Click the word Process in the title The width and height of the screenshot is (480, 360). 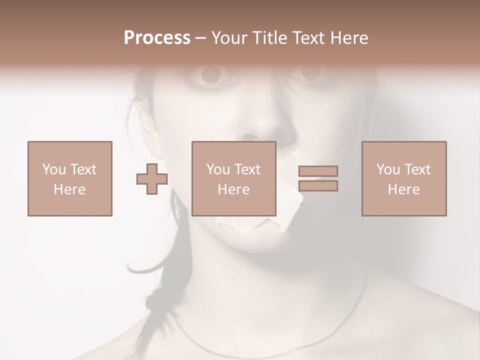pyautogui.click(x=157, y=38)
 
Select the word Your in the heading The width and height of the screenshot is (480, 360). pyautogui.click(x=228, y=38)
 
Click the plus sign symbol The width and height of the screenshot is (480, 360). pyautogui.click(x=152, y=178)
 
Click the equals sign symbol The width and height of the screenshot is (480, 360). pyautogui.click(x=318, y=178)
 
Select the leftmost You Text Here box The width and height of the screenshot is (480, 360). pyautogui.click(x=69, y=178)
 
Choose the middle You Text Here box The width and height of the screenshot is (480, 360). pyautogui.click(x=234, y=178)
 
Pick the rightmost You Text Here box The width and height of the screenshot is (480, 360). pyautogui.click(x=403, y=178)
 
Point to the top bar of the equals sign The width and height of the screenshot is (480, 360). pyautogui.click(x=318, y=171)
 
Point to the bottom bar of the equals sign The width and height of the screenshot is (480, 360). pyautogui.click(x=318, y=186)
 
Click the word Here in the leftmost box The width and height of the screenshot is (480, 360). pyautogui.click(x=69, y=189)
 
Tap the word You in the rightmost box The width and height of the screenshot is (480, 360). pyautogui.click(x=388, y=169)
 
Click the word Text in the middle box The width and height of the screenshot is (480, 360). pyautogui.click(x=247, y=169)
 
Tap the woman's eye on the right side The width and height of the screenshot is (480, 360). pyautogui.click(x=311, y=73)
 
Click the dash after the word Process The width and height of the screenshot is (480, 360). pyautogui.click(x=200, y=38)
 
